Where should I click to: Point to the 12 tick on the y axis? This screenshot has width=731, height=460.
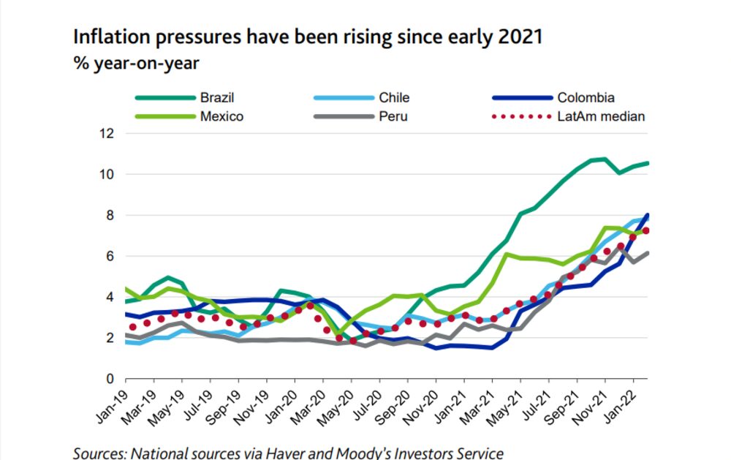108,133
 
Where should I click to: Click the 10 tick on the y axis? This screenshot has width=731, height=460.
108,174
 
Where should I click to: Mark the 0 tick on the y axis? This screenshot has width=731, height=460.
111,379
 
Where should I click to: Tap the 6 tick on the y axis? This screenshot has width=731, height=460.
111,256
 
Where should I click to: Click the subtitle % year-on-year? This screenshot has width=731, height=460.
136,64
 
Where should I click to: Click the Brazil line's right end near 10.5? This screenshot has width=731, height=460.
648,163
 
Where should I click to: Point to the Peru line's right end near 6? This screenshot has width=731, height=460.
648,253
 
